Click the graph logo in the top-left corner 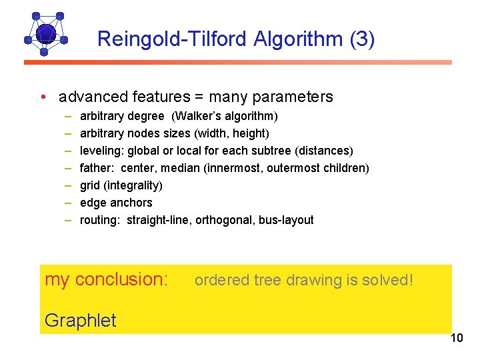click(x=45, y=33)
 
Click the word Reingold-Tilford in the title click(x=172, y=39)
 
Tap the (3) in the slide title click(x=362, y=39)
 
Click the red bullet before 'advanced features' click(x=43, y=97)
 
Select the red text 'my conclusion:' click(x=106, y=279)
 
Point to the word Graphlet click(x=80, y=320)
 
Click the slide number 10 click(x=456, y=339)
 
